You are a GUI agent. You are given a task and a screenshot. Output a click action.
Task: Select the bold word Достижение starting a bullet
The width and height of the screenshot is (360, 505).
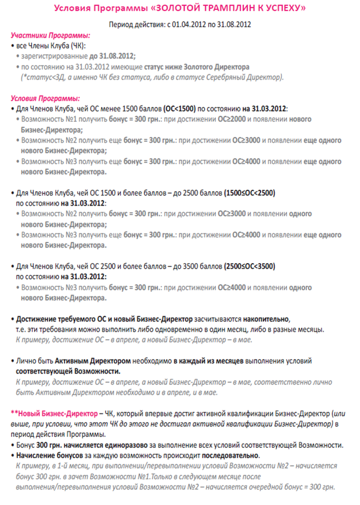(x=37, y=319)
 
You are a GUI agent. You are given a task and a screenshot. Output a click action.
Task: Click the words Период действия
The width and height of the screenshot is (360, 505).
(x=135, y=25)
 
